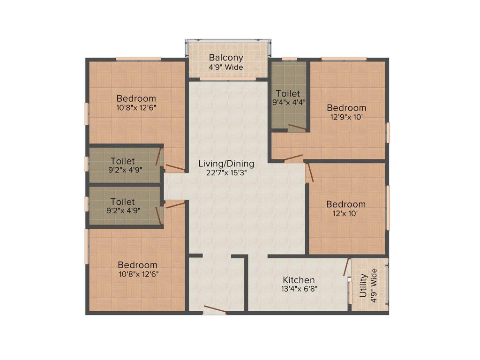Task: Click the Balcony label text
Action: pos(226,58)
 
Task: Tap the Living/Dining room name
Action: pos(226,164)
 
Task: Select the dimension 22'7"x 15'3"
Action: pos(226,172)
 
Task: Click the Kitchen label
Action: pos(299,280)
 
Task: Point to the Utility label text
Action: pos(364,289)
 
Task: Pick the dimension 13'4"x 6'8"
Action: pos(299,289)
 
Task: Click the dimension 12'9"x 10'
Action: pos(346,117)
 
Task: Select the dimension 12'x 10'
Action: pos(346,213)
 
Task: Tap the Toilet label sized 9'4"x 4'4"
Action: pos(288,94)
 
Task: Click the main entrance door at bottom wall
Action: pos(215,310)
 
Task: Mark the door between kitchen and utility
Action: pos(346,267)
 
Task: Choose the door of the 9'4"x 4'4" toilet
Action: pos(297,127)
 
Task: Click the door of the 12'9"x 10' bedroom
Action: pos(292,158)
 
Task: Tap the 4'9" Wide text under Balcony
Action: pos(226,67)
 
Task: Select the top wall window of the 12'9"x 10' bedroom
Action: pos(344,59)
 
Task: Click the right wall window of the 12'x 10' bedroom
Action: pos(388,208)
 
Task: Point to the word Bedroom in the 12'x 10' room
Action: pos(346,204)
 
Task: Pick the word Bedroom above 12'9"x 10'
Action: pos(346,108)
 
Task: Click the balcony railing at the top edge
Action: pos(228,41)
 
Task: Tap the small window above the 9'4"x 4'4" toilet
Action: pos(289,59)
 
